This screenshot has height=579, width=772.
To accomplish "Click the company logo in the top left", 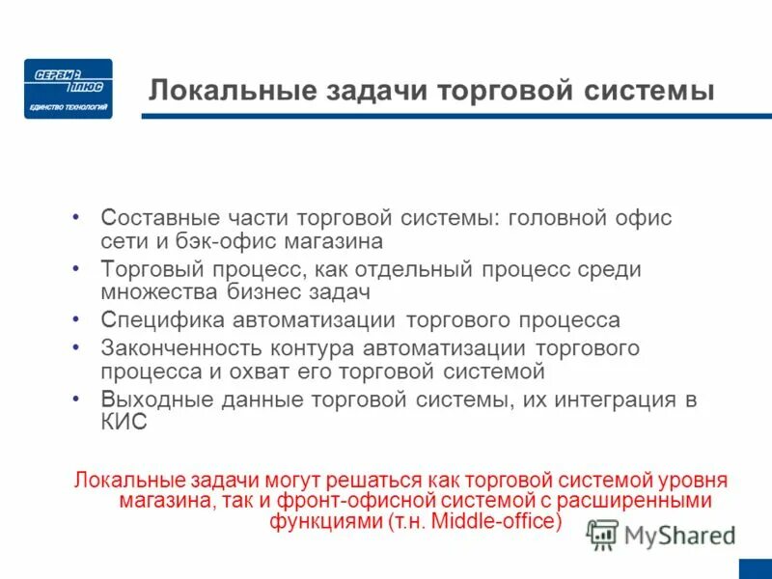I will [68, 89].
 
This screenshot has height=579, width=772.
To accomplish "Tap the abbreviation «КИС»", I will [124, 423].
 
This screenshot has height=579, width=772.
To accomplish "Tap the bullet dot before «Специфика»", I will [77, 318].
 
